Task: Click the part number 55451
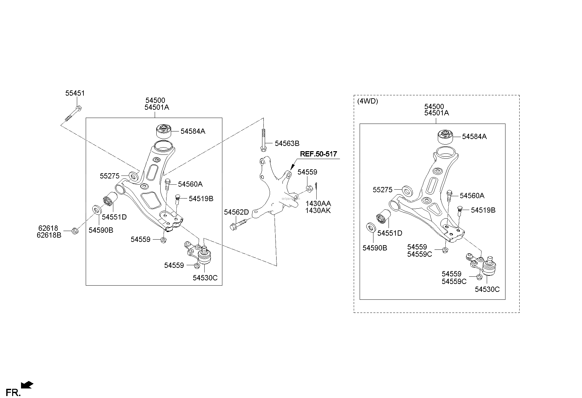75,93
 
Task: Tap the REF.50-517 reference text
319,154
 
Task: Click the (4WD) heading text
368,101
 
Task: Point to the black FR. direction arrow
27,385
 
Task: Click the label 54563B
287,143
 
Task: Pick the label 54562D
236,212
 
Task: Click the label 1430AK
318,211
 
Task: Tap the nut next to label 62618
75,231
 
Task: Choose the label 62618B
49,235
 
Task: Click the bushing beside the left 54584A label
163,131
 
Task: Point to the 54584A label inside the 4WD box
474,137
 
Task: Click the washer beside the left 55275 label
133,176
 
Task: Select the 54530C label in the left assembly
205,278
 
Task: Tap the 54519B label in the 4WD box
483,210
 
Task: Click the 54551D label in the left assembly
114,217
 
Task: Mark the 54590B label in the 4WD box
375,248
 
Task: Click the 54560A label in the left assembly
190,184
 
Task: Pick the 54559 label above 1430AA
307,172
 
